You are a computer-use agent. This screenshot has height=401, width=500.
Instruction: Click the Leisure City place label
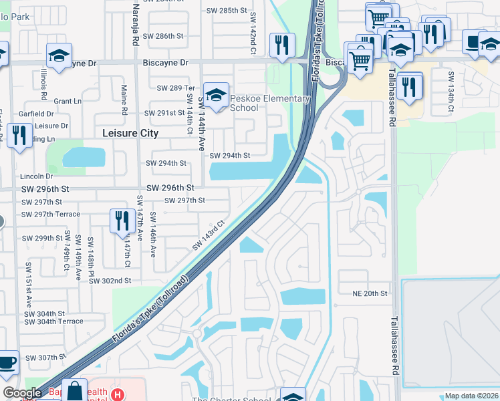pos(130,133)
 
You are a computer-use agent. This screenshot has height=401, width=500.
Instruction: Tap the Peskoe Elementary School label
pos(270,103)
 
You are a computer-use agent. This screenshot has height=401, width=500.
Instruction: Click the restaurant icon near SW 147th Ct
pos(122,221)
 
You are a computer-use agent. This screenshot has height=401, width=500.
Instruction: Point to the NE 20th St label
pos(370,293)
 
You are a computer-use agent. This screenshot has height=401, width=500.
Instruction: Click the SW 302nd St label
pos(110,281)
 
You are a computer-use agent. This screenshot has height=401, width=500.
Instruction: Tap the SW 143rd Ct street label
pos(209,236)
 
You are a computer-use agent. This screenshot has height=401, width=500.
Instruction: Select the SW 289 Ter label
pos(175,88)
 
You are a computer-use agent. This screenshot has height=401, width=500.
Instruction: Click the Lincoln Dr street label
pos(36,176)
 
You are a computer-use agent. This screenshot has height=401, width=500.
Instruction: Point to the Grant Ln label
pos(68,102)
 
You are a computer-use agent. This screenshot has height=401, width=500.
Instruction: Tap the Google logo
pos(22,394)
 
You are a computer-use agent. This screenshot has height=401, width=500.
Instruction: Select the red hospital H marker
pos(118,395)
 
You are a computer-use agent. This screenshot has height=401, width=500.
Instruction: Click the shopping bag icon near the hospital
pos(76,390)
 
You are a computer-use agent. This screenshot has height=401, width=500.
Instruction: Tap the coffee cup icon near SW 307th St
pos(7,364)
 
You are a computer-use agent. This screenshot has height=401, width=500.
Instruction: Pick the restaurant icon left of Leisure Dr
pos(19,136)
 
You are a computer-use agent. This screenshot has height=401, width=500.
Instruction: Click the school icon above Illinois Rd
pos(59,57)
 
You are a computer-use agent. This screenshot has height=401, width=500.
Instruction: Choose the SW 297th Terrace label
pos(51,215)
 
